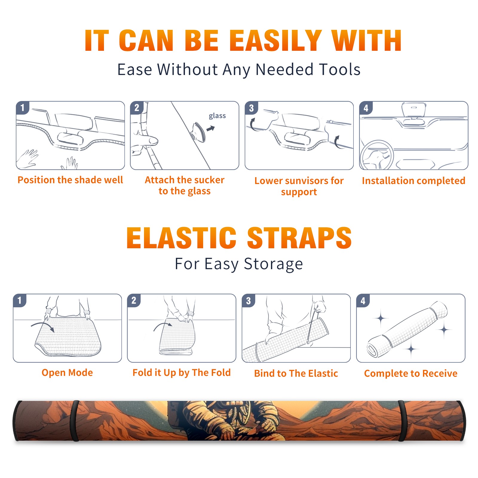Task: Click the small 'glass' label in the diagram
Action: pos(217,116)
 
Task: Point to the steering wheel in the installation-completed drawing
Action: pos(377,155)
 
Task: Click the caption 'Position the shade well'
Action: pos(70,180)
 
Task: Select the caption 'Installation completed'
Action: pos(413,181)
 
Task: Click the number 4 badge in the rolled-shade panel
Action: pos(363,301)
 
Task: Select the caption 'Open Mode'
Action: pos(67,373)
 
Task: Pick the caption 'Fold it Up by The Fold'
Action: pos(182,373)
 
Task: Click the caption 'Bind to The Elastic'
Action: pos(296,373)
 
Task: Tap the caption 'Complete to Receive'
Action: pos(411,373)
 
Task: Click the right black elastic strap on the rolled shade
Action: pos(402,421)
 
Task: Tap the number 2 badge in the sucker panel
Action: pos(137,108)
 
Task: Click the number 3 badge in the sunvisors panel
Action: pos(251,108)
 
